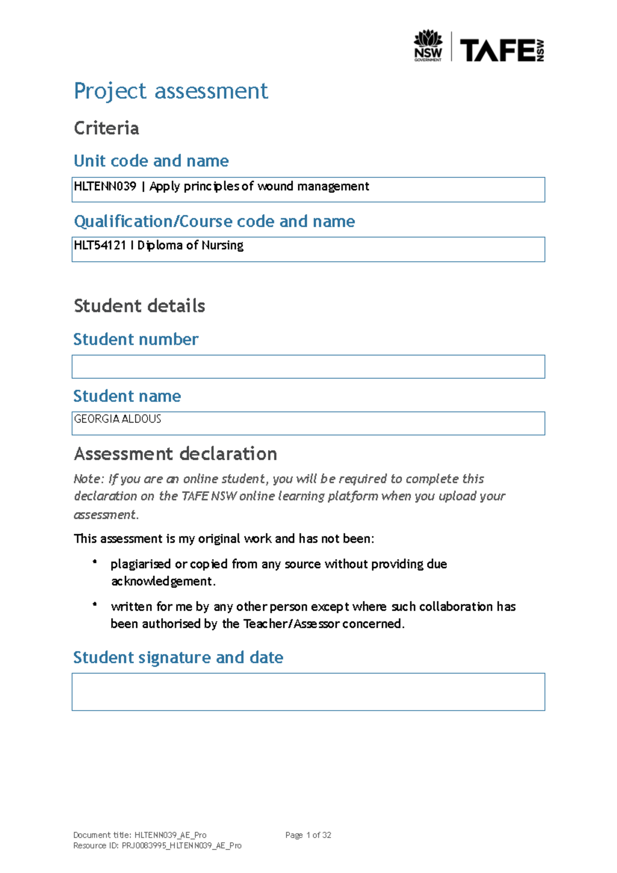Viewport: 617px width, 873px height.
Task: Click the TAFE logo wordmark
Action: tap(497, 50)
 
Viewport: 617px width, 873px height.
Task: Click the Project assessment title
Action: tap(171, 91)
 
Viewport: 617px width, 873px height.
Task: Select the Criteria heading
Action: tap(106, 128)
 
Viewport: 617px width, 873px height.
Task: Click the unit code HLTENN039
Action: tap(105, 186)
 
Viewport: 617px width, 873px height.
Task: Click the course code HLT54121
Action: tap(100, 245)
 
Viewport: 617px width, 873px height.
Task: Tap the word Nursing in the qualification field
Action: tap(222, 245)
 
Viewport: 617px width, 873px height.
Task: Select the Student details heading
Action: tap(139, 306)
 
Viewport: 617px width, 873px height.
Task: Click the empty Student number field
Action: tap(308, 367)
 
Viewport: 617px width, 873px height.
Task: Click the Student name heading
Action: tap(127, 396)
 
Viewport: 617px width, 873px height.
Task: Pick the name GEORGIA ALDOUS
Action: tap(118, 419)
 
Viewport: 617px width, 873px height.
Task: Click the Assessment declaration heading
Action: tap(175, 454)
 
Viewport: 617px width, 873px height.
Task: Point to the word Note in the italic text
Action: tap(87, 479)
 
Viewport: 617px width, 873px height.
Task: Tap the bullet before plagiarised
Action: tap(95, 562)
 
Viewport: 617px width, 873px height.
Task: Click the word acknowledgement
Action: tap(161, 581)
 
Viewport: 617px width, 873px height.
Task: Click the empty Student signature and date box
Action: tap(308, 692)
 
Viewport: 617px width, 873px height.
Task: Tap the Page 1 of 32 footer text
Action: tap(308, 835)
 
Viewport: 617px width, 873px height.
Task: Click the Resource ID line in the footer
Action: tap(157, 845)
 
